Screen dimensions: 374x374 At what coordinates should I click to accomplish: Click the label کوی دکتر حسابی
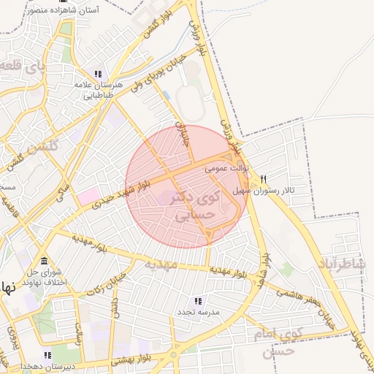coord(194,207)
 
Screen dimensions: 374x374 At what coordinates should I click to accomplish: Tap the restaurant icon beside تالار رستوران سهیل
coord(263,179)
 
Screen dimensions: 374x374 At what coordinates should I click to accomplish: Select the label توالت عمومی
coord(227,168)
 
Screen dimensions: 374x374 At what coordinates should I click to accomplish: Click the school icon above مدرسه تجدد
coord(196,300)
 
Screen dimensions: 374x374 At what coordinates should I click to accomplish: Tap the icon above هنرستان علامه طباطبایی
coord(98,74)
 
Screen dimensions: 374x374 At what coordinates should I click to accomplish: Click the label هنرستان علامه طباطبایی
coord(97,90)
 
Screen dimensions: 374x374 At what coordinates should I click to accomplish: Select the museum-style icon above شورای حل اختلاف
coord(45,261)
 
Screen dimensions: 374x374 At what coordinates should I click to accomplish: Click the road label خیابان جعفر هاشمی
coord(305,302)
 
